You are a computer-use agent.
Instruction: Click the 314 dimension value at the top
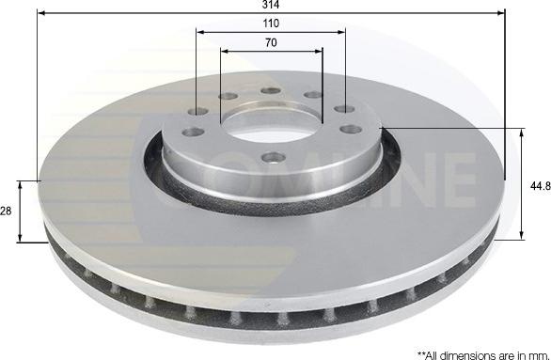point(271,5)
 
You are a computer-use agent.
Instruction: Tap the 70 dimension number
point(271,42)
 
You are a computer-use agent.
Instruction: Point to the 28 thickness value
point(6,212)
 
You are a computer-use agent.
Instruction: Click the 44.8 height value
point(539,186)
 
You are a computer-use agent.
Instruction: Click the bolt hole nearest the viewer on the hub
point(273,157)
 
